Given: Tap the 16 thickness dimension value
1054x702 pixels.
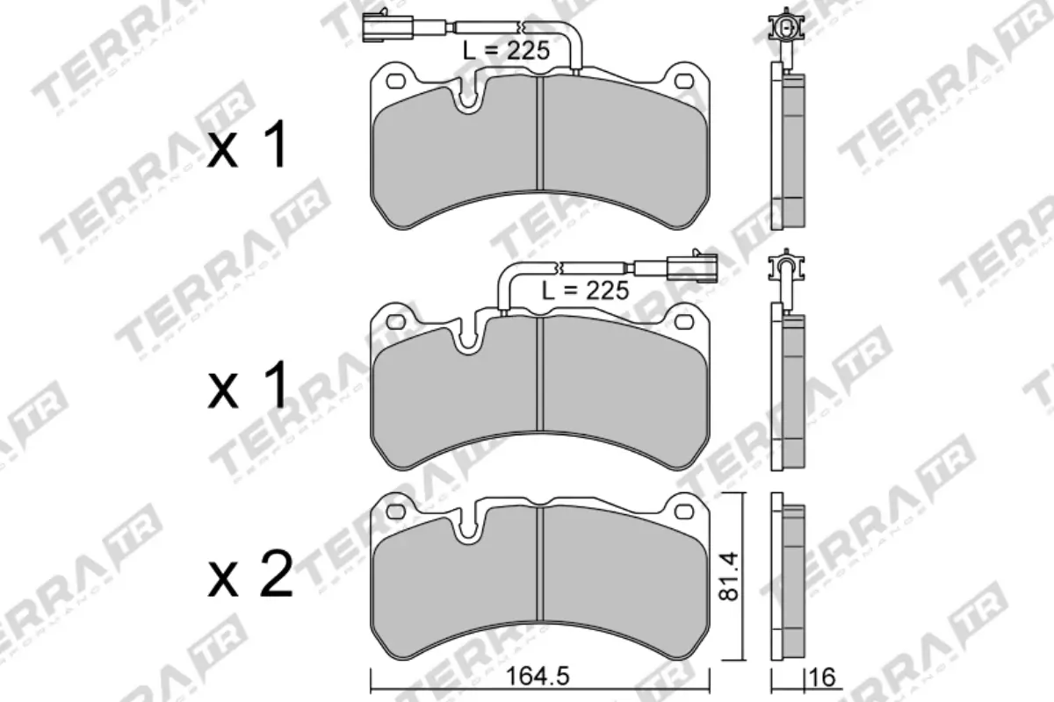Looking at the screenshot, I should pyautogui.click(x=822, y=677).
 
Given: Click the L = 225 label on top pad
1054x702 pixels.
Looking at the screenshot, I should pyautogui.click(x=507, y=51).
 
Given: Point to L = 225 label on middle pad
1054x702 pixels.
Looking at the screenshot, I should pyautogui.click(x=585, y=290).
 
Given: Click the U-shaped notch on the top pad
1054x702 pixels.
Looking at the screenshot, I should pyautogui.click(x=469, y=97).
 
